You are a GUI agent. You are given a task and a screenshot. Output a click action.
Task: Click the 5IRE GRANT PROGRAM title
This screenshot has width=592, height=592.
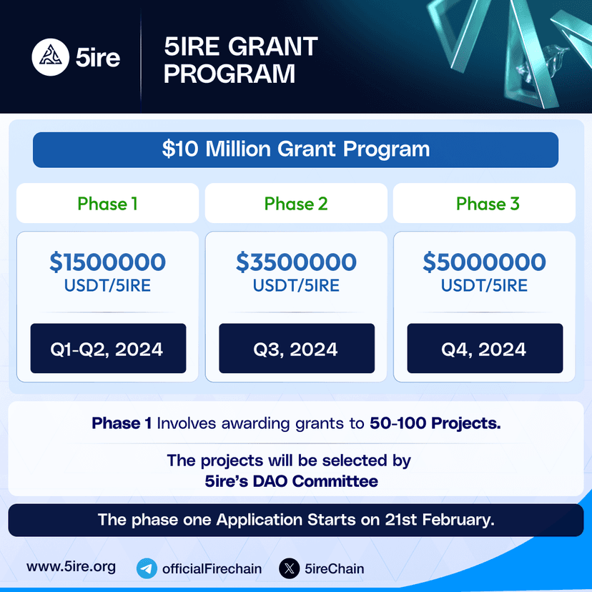pos(240,60)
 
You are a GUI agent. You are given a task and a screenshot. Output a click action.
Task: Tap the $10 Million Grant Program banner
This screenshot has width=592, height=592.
pos(295,149)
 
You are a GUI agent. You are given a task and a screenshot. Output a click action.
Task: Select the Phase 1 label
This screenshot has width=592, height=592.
pos(107,204)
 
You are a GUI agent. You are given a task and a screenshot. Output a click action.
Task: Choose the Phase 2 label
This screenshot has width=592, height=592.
pos(296,204)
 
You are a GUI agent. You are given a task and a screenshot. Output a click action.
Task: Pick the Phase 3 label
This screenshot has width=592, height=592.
pos(488,204)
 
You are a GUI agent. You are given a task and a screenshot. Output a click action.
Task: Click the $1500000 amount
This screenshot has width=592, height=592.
pos(107,262)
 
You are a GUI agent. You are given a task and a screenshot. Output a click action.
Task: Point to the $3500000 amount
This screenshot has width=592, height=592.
pos(296,262)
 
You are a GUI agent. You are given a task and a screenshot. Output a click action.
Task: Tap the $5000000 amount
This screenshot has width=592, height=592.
pos(484,262)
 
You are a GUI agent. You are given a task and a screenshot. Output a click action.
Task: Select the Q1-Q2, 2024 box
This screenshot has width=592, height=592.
pos(107,349)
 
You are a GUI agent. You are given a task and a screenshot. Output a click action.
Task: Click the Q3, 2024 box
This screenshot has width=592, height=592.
pos(296,349)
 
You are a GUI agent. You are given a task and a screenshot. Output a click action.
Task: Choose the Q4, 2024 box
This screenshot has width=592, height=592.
pos(485,349)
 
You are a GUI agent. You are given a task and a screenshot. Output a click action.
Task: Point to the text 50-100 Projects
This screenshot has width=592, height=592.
pos(435,423)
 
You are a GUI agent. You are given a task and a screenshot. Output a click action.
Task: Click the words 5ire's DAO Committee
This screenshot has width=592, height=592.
pos(291,481)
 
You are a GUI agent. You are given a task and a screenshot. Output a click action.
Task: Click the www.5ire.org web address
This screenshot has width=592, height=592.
pos(71,568)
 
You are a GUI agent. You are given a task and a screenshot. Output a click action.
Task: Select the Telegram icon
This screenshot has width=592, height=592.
pos(147,569)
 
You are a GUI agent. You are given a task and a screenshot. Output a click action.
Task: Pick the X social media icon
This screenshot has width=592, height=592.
pos(289,569)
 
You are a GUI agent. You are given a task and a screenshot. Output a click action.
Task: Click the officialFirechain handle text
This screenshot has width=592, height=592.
pos(212,569)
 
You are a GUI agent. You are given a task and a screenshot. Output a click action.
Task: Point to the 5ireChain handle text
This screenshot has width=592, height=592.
pos(334,569)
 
